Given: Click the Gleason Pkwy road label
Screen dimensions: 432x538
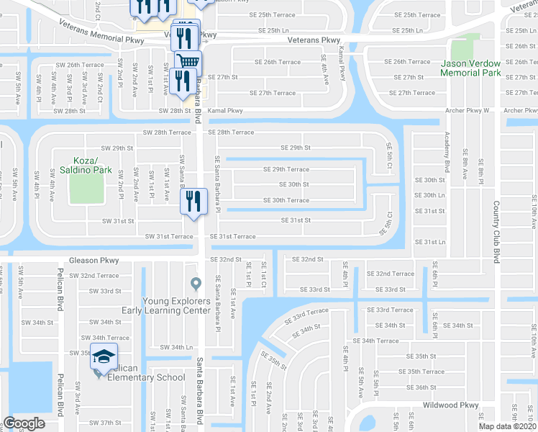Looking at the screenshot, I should (x=92, y=260).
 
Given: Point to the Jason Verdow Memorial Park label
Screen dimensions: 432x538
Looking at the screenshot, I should (x=470, y=68).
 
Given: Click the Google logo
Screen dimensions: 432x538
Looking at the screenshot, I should (x=24, y=423).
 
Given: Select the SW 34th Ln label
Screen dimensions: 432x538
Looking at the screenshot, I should (x=178, y=347).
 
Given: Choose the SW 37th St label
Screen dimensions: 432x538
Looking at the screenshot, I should (x=111, y=423).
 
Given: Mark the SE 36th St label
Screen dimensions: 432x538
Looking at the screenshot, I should (x=421, y=387).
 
